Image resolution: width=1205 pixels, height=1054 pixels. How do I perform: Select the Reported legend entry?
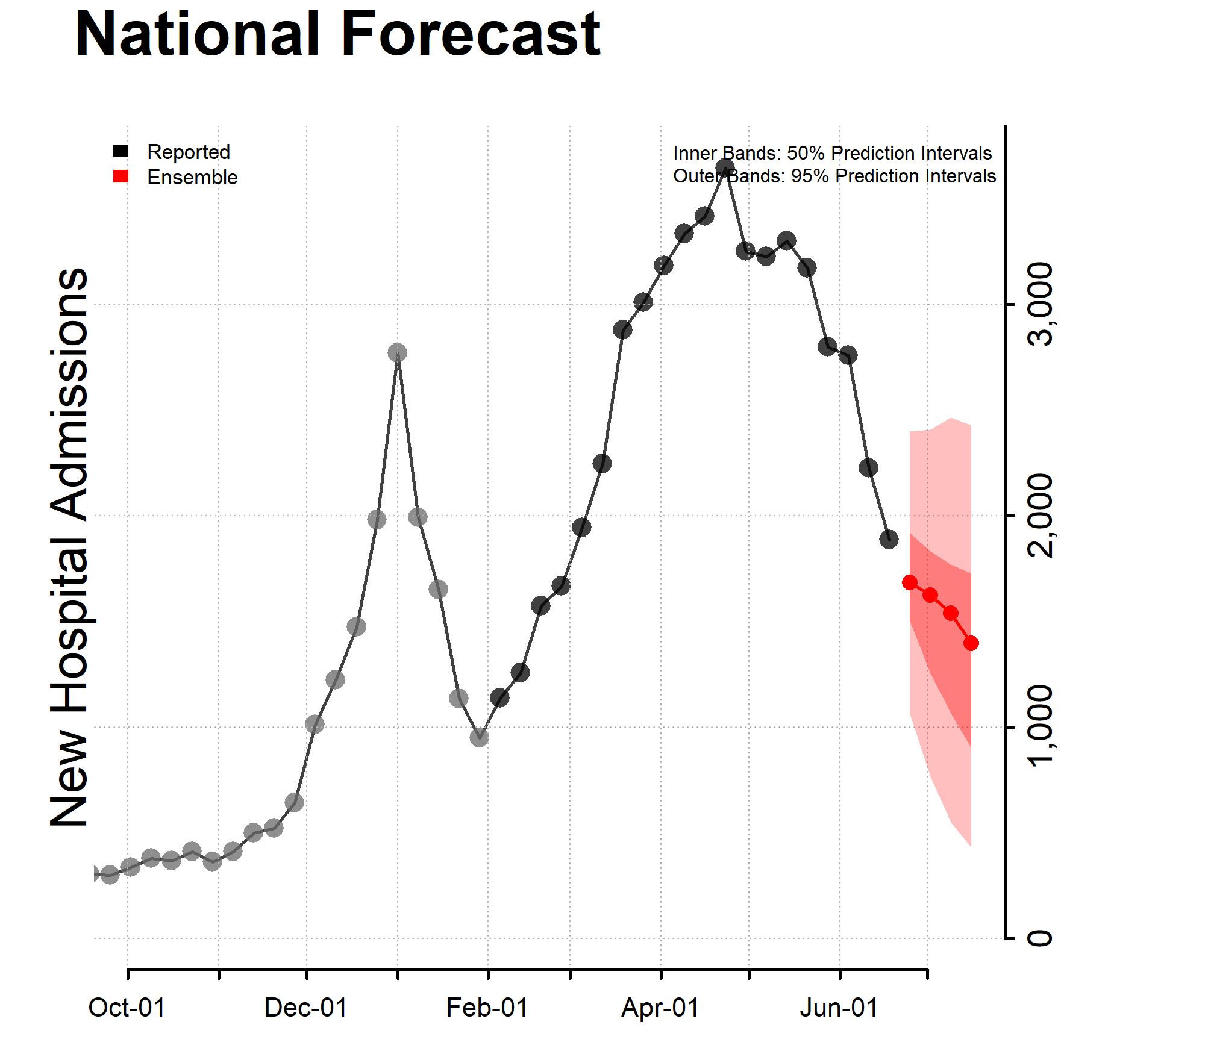188,152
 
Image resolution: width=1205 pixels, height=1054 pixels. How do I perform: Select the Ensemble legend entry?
192,178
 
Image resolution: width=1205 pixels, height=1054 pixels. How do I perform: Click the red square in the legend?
120,177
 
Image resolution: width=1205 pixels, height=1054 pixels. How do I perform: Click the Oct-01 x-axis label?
127,1008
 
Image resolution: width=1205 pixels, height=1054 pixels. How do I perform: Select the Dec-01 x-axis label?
306,1008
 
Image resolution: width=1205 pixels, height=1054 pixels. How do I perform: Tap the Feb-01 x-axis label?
487,1008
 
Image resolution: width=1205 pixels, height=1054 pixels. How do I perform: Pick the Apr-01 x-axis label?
660,1008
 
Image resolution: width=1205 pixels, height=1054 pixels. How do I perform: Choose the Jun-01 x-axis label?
839,1008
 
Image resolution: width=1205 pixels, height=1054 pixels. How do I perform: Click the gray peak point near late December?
397,352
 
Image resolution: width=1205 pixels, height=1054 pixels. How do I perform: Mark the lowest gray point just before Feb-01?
479,737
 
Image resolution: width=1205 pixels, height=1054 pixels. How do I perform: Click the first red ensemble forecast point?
910,582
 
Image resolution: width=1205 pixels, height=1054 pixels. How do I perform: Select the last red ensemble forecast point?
971,643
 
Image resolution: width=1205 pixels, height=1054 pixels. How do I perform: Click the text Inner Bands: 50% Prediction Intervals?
832,153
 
